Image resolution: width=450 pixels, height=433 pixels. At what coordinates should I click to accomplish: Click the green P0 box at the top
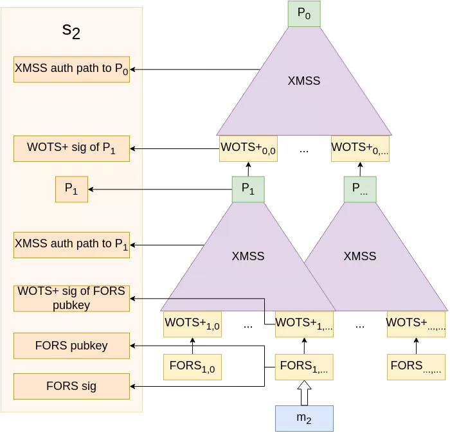(304, 14)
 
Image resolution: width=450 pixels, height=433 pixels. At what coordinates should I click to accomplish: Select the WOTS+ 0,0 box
(248, 148)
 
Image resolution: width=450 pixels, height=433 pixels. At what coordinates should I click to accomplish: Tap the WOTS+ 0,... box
(360, 148)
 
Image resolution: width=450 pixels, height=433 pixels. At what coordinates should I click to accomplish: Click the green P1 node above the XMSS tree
(248, 189)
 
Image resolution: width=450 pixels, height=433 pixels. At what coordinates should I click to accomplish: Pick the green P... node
(360, 189)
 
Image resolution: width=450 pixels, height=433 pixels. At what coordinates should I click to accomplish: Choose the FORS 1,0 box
(192, 366)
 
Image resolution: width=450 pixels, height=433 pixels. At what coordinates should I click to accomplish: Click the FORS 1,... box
(305, 366)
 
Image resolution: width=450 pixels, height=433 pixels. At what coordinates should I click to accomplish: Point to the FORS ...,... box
(416, 366)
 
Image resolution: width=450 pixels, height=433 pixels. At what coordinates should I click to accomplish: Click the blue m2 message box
(305, 418)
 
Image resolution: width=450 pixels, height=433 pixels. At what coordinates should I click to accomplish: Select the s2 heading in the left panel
(71, 31)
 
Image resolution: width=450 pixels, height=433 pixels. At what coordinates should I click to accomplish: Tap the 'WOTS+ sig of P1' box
(71, 148)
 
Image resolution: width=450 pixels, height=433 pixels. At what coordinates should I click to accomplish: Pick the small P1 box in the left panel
(71, 189)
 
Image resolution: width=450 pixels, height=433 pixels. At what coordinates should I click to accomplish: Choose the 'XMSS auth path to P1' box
(71, 245)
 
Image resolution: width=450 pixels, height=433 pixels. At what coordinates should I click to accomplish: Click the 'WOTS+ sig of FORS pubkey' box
(71, 299)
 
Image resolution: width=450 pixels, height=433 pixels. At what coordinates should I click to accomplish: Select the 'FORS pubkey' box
(71, 346)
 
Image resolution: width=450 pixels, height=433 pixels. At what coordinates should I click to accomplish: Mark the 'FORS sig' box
(71, 386)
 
